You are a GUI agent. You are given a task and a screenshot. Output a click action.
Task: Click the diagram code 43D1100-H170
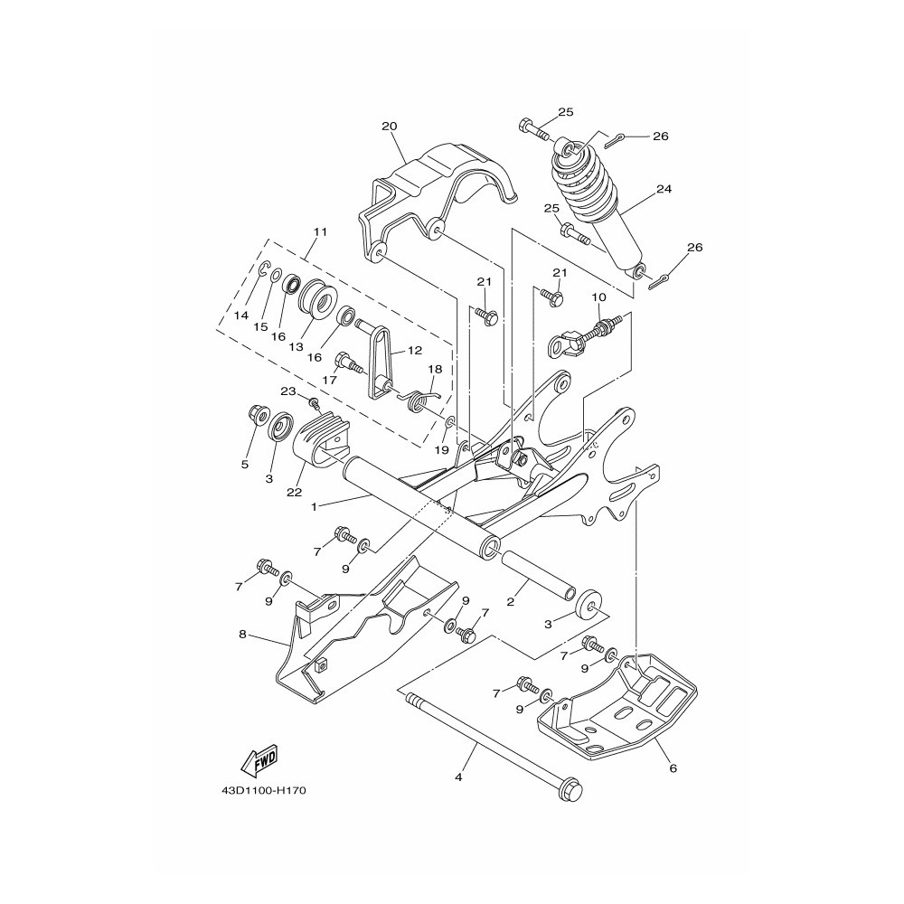point(263,790)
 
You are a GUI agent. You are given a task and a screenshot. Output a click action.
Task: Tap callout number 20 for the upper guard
point(390,126)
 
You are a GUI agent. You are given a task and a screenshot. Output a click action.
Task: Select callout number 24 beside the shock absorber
point(664,189)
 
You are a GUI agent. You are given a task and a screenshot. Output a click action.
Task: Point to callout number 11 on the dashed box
point(321,231)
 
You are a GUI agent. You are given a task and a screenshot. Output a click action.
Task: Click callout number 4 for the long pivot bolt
point(458,777)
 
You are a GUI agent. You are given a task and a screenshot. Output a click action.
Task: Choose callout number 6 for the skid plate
point(673,767)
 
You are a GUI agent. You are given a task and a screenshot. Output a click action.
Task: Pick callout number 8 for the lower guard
point(242,635)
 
